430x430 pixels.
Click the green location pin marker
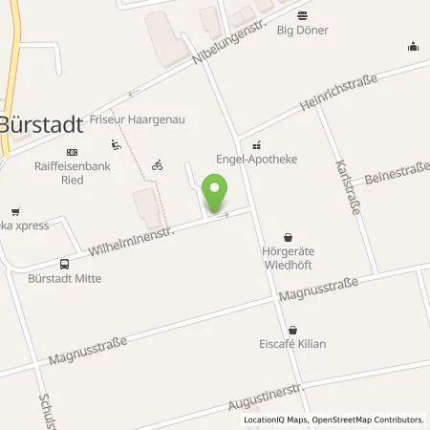(x=216, y=191)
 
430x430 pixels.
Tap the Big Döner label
(x=302, y=30)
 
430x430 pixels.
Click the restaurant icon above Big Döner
(x=302, y=14)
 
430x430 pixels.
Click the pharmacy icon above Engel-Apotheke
(x=254, y=146)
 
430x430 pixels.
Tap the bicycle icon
(x=157, y=164)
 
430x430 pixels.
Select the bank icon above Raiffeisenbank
(x=72, y=151)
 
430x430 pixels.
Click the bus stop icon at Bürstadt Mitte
(x=64, y=264)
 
